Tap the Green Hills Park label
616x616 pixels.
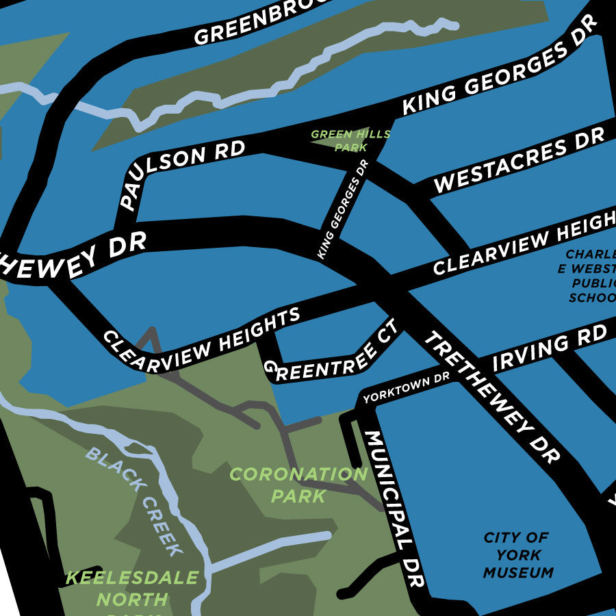pos(350,140)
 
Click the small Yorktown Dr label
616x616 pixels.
pos(406,388)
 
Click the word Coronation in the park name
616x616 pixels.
pos(298,474)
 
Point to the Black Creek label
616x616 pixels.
pos(137,500)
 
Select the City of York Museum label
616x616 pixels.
pos(517,555)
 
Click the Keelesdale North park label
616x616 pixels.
pos(132,589)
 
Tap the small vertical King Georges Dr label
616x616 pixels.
pos(343,209)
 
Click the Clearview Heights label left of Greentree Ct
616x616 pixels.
pos(202,340)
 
